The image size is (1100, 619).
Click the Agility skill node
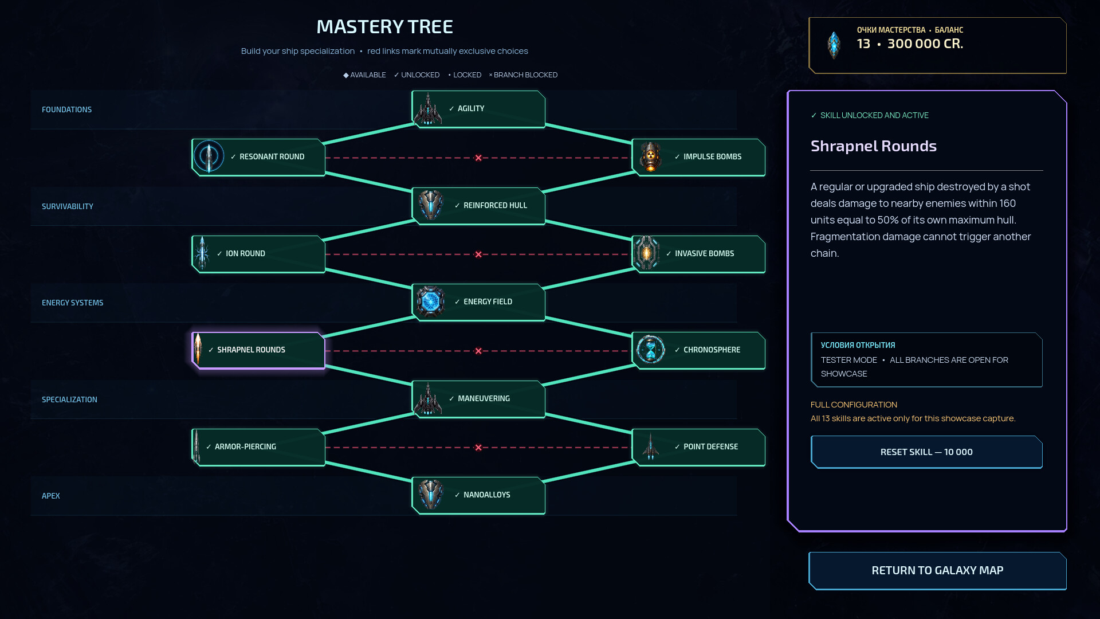(478, 109)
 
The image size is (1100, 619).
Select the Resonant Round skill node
(258, 157)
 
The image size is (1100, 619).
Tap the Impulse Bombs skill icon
(650, 157)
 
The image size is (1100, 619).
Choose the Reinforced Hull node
(478, 206)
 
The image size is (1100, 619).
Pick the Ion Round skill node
(258, 254)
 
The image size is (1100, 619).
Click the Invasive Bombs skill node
(698, 254)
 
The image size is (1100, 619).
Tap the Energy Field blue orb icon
(430, 301)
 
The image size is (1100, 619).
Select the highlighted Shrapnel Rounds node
(258, 350)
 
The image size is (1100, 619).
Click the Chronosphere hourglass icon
(650, 350)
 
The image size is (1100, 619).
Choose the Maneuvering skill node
(478, 399)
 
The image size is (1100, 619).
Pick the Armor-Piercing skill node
(258, 447)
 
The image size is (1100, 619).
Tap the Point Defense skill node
(698, 447)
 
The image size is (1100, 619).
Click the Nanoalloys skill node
(478, 495)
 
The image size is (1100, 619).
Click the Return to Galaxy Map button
(937, 571)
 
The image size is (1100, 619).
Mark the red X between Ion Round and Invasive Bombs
(478, 254)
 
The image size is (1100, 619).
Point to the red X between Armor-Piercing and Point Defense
(478, 448)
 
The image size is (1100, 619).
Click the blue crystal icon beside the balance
(834, 45)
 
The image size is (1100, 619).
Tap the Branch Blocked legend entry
(523, 75)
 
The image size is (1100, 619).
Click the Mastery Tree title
(384, 27)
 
